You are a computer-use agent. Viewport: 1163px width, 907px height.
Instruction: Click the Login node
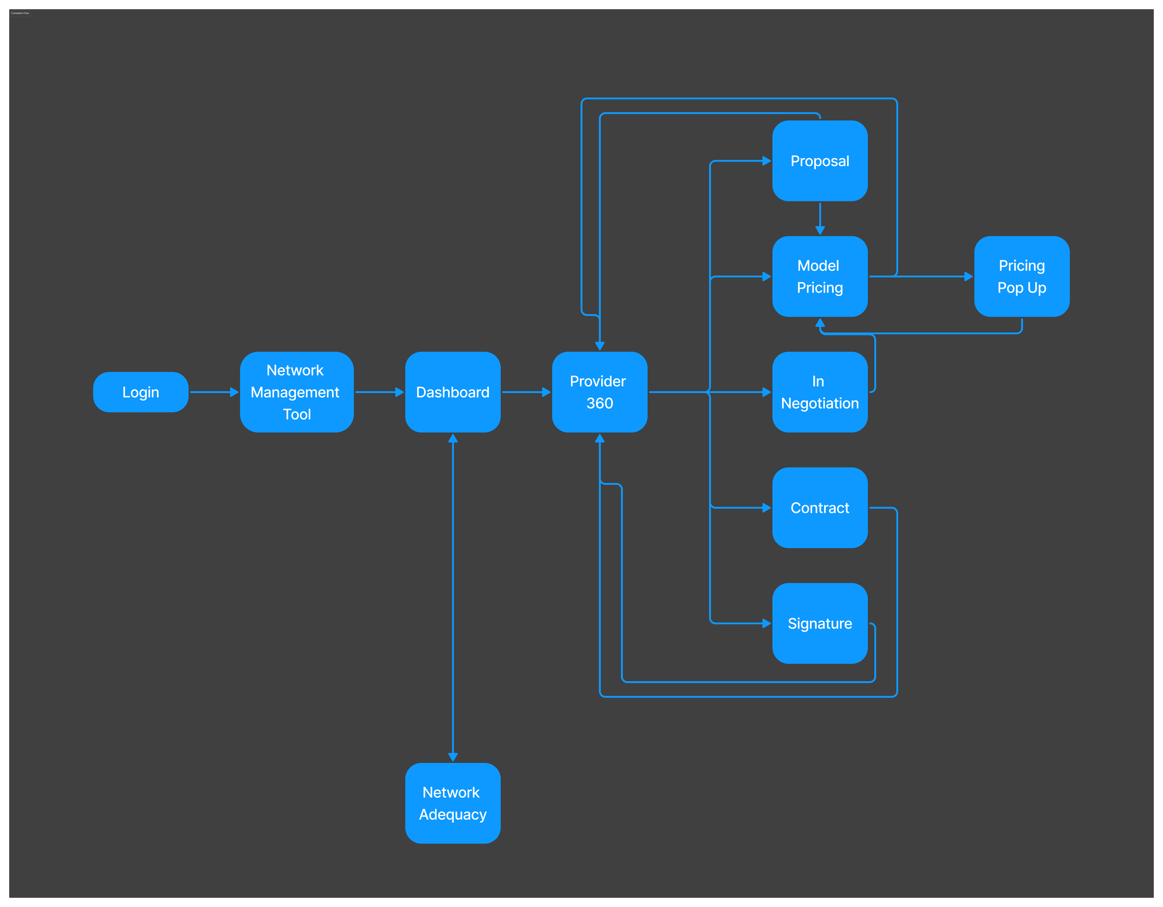141,392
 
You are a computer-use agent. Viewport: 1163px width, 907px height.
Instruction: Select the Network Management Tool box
297,392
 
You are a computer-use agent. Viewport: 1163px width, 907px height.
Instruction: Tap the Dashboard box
453,392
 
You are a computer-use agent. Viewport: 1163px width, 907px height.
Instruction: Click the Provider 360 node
600,392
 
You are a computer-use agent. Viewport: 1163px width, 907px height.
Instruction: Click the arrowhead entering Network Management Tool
234,392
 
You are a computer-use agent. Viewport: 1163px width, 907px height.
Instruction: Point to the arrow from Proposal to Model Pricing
820,218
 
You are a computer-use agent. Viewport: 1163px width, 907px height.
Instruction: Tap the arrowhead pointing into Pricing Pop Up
969,276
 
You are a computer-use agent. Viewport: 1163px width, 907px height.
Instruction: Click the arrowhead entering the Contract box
767,508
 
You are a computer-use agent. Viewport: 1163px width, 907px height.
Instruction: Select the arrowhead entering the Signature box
767,623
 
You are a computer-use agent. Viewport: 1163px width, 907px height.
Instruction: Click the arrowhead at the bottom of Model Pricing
820,323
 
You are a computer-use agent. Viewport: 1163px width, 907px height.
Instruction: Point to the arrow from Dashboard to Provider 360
526,392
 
